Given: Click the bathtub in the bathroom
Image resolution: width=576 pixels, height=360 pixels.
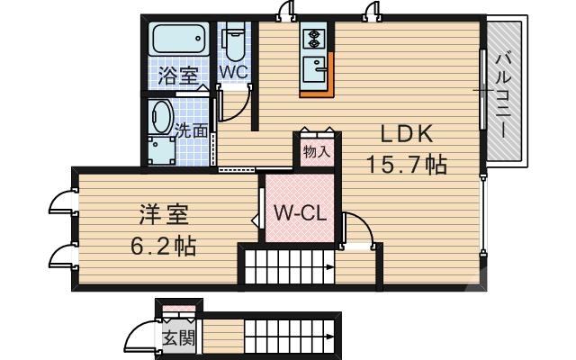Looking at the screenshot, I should tap(180, 40).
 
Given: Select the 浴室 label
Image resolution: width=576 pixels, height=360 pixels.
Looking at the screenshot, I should tap(178, 76).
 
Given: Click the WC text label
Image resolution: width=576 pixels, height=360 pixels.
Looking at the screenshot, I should tap(233, 70).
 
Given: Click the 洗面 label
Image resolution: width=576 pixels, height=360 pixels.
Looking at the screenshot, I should tap(191, 130).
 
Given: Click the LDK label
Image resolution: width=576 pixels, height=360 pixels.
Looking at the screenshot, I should tap(407, 135).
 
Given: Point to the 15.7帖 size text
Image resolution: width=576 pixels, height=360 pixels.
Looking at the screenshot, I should tap(407, 165).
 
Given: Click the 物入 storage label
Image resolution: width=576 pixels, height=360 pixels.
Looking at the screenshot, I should tap(317, 151).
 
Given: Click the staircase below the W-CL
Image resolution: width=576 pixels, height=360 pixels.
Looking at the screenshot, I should tap(287, 268).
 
